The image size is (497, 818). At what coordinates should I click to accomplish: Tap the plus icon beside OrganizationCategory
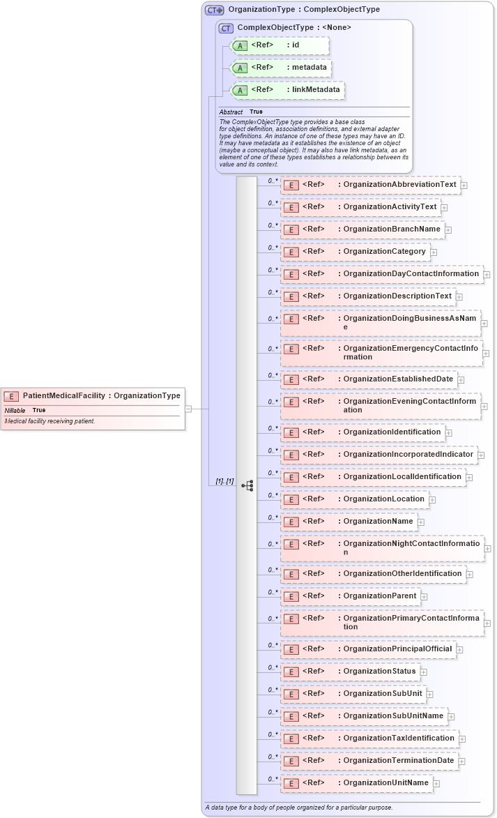(x=434, y=252)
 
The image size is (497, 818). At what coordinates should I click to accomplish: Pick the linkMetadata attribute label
(x=316, y=90)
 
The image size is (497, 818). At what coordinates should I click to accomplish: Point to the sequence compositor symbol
(x=247, y=485)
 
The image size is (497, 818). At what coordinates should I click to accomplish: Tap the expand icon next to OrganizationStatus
(x=424, y=672)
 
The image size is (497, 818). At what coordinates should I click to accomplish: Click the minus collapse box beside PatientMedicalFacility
(x=188, y=409)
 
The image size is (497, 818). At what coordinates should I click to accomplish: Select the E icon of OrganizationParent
(x=291, y=596)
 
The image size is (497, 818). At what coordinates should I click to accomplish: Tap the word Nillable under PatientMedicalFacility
(x=15, y=410)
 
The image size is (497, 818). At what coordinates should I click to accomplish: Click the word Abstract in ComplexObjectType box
(x=231, y=112)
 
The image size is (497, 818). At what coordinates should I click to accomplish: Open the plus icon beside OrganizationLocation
(x=433, y=499)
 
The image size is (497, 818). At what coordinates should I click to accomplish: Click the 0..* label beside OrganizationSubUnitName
(x=273, y=712)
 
